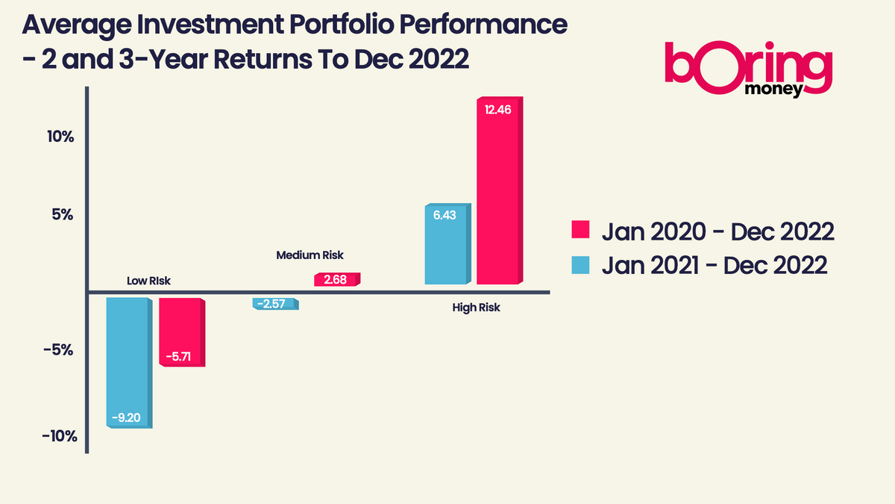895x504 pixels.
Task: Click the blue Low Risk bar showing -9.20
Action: [x=129, y=362]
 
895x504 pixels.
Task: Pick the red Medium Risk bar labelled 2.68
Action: [x=336, y=279]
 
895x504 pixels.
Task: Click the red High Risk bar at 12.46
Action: [x=499, y=191]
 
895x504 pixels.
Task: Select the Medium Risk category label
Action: [x=310, y=255]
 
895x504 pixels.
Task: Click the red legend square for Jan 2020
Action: [x=581, y=230]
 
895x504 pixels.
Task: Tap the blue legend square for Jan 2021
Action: [x=581, y=264]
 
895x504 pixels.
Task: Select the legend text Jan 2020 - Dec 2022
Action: [x=717, y=231]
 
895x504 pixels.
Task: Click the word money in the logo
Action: [x=773, y=90]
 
